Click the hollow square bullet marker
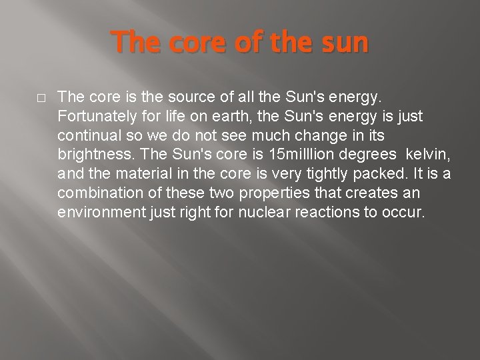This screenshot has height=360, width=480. coord(41,97)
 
